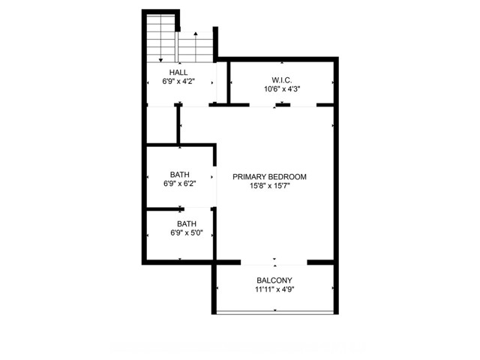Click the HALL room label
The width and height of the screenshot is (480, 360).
click(178, 73)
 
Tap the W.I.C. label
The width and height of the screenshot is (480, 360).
click(282, 80)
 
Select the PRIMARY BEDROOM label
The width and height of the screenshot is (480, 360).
click(269, 177)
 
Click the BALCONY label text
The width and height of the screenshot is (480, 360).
click(274, 280)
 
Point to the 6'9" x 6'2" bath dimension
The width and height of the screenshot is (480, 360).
click(180, 184)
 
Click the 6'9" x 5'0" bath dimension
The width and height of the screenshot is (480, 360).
click(187, 233)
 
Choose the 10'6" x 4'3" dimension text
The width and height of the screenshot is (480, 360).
click(282, 89)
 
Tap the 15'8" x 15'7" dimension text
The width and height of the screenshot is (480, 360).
click(270, 186)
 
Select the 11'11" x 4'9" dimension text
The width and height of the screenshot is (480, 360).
click(274, 289)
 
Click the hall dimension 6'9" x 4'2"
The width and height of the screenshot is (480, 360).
click(178, 82)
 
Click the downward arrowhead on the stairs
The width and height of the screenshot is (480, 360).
click(160, 60)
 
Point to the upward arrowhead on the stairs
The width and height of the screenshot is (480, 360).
click(196, 33)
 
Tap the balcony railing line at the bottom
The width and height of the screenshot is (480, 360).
click(275, 312)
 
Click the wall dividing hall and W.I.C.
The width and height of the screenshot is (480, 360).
click(228, 82)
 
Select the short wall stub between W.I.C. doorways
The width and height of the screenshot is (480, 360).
click(283, 105)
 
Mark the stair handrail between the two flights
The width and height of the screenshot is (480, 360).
click(177, 46)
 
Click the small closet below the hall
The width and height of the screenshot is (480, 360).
click(162, 124)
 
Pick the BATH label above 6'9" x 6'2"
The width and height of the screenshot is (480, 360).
click(180, 175)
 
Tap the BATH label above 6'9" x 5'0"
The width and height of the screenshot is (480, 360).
click(187, 223)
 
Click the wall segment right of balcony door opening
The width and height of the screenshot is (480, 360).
click(320, 262)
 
